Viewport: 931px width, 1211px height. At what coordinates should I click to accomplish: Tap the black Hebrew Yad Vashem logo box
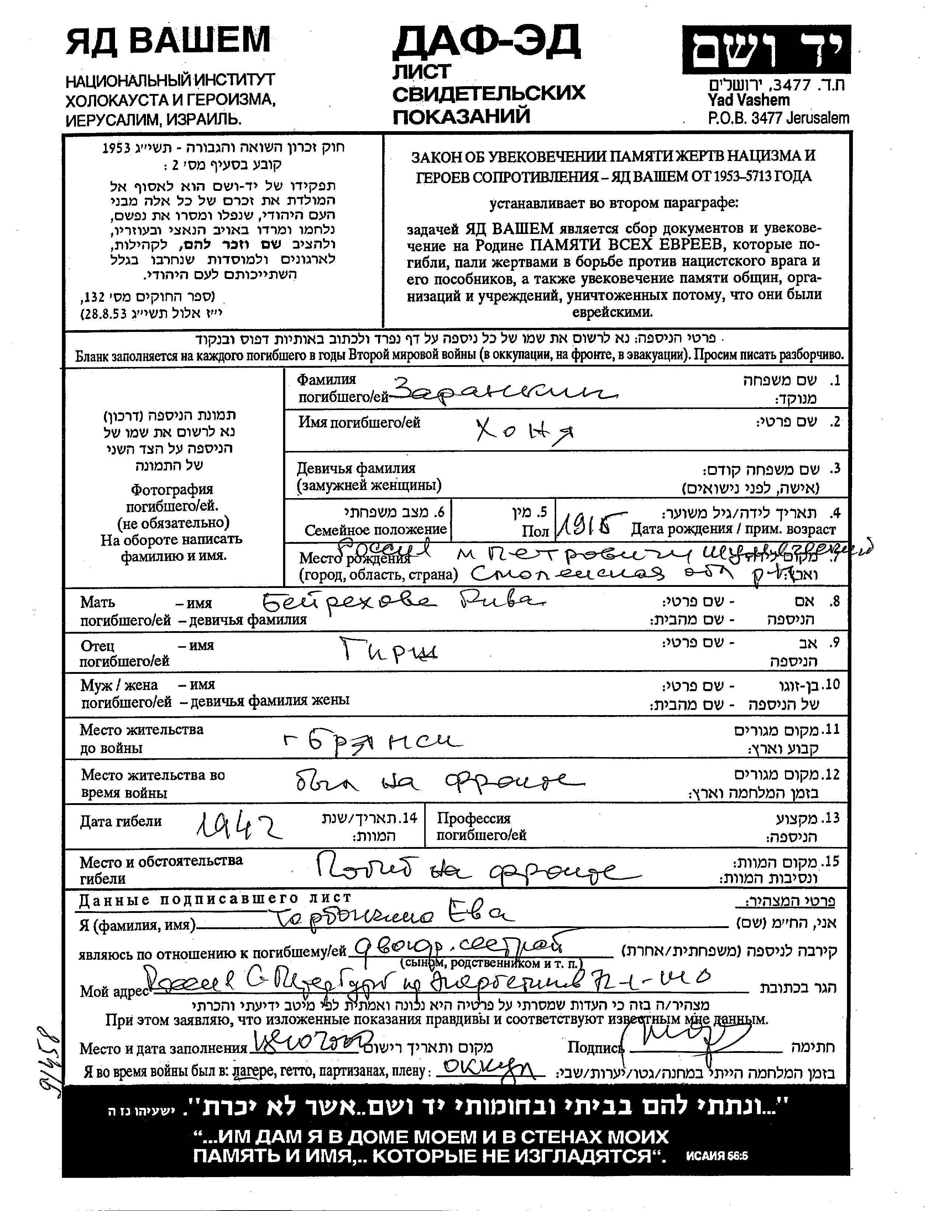click(766, 50)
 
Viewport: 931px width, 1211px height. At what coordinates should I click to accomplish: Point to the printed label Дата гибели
click(121, 821)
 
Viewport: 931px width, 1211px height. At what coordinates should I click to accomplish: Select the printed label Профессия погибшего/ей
click(481, 826)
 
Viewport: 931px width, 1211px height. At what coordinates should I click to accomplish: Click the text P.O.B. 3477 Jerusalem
click(778, 118)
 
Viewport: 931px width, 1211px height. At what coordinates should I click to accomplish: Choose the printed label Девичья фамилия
click(356, 468)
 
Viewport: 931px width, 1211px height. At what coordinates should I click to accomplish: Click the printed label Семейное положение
click(375, 529)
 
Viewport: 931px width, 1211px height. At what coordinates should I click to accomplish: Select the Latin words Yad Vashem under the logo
click(748, 100)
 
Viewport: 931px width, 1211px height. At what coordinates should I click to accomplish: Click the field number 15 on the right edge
click(832, 861)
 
